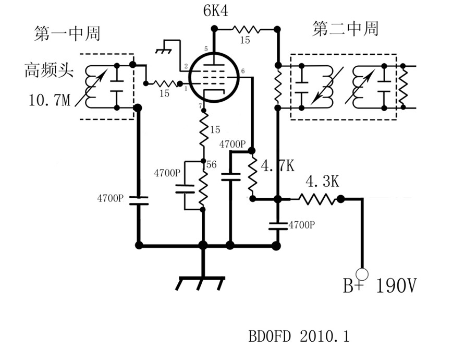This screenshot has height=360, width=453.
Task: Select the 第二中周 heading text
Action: (x=345, y=29)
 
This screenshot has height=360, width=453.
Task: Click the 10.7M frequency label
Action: (x=47, y=99)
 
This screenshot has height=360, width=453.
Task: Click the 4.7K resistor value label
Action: (x=277, y=166)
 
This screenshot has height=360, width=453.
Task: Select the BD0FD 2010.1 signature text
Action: (x=299, y=337)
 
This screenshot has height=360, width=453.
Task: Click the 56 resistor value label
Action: (x=212, y=164)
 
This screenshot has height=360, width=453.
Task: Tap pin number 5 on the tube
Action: (x=206, y=49)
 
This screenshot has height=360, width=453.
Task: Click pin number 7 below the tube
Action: (x=200, y=106)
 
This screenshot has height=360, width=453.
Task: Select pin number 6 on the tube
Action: (x=243, y=71)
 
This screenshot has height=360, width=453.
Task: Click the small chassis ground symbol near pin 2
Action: (x=166, y=49)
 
